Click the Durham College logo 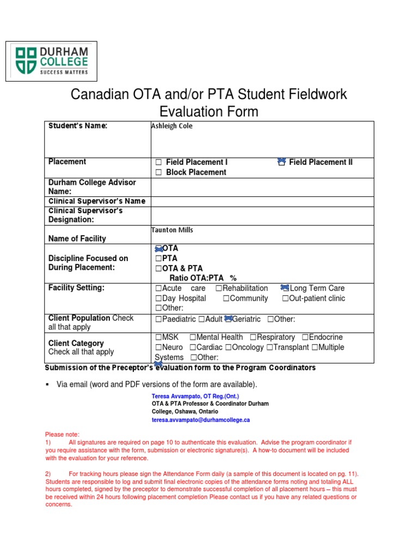coord(51,61)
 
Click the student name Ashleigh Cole coord(171,126)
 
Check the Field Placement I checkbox coord(158,162)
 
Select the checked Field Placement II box coord(281,162)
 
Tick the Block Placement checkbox coord(158,172)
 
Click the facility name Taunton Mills coord(172,230)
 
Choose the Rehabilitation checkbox coord(219,288)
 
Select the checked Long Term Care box coord(285,288)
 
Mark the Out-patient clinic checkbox coord(285,299)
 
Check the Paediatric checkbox coord(158,319)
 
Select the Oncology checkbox coord(229,348)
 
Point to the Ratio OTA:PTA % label coord(203,278)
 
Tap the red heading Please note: coord(62,435)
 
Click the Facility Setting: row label coord(76,288)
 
